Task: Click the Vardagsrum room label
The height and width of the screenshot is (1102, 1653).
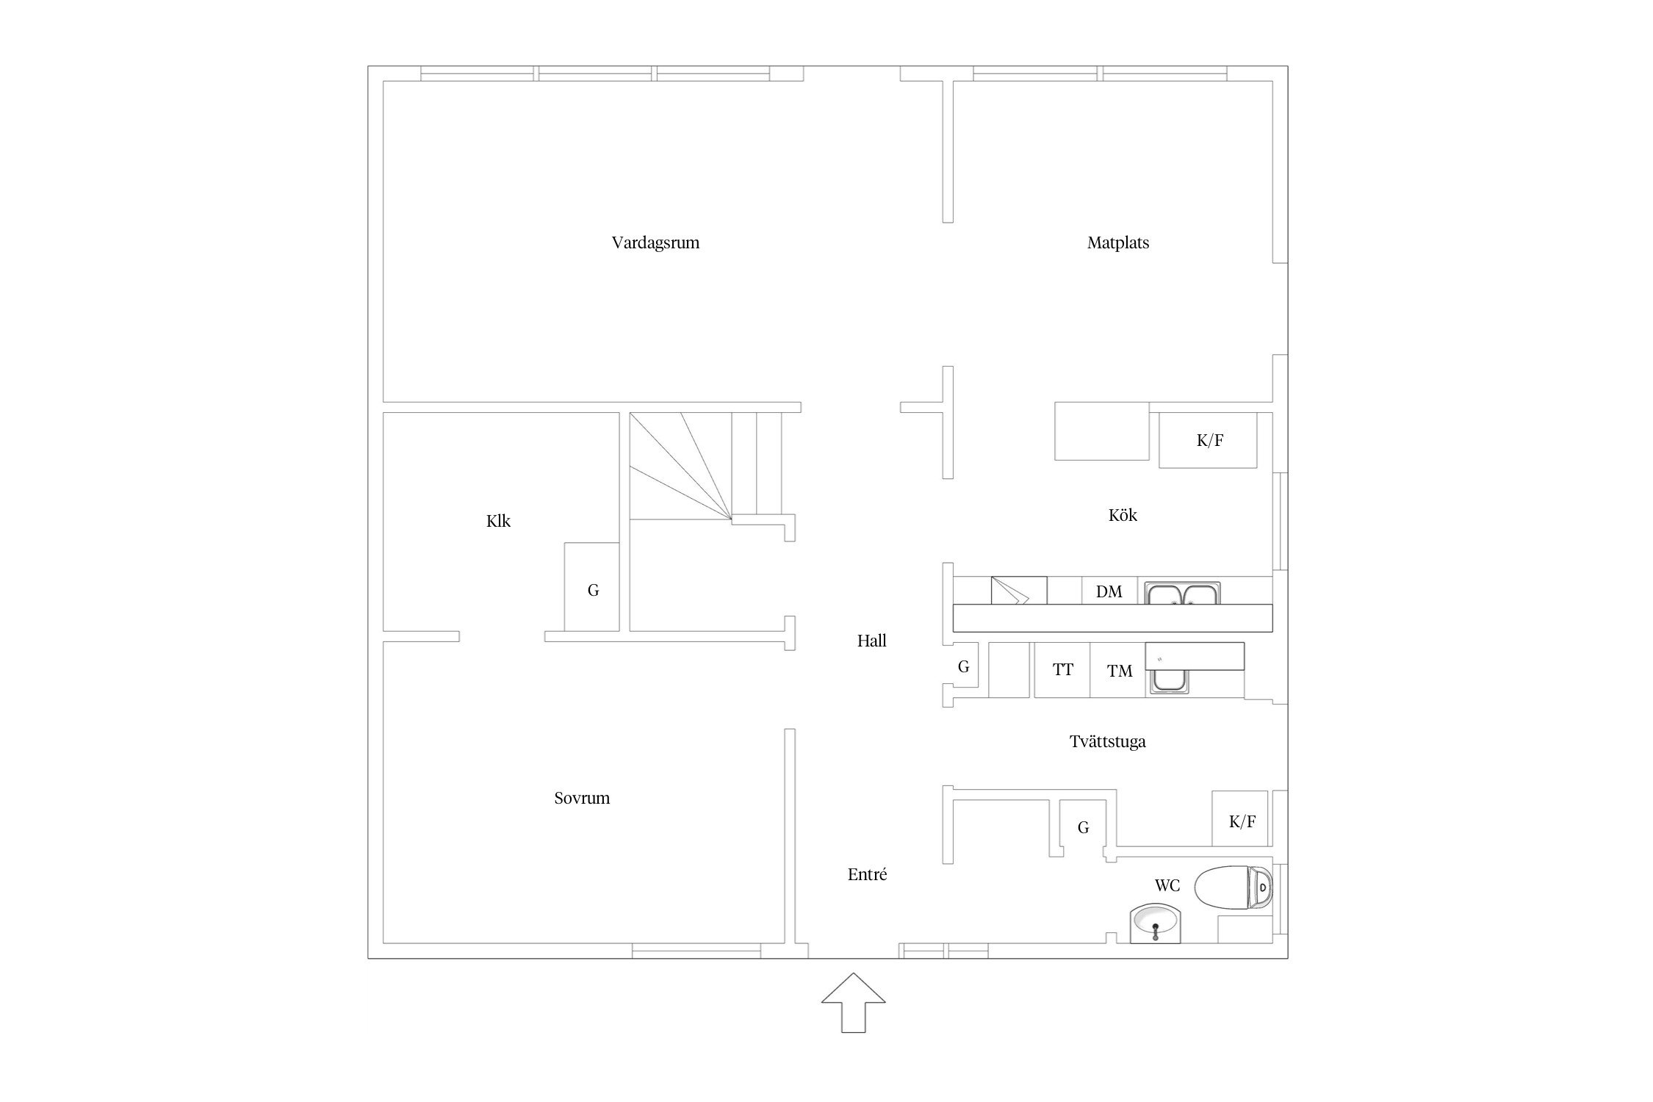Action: click(655, 242)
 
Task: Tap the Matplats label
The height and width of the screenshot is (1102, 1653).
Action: click(1117, 242)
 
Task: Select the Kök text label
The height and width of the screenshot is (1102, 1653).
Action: click(1123, 515)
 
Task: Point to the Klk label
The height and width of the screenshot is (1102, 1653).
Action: click(498, 521)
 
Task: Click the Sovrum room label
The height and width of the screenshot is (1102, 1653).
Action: click(582, 798)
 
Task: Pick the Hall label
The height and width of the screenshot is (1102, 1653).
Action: click(871, 641)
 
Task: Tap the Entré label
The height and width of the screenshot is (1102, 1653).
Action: click(867, 874)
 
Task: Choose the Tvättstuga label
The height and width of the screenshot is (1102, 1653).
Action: click(1107, 741)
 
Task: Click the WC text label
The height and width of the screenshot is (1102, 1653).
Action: click(1167, 885)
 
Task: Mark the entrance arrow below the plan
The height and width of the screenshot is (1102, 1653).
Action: click(853, 1006)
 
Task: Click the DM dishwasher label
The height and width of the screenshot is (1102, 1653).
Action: click(1109, 591)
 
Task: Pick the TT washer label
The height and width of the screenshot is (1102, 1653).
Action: click(1062, 669)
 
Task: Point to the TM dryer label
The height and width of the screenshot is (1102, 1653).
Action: click(1120, 671)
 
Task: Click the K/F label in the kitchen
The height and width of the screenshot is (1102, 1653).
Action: click(1209, 440)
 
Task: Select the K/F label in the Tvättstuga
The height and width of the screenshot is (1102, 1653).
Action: click(1242, 821)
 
